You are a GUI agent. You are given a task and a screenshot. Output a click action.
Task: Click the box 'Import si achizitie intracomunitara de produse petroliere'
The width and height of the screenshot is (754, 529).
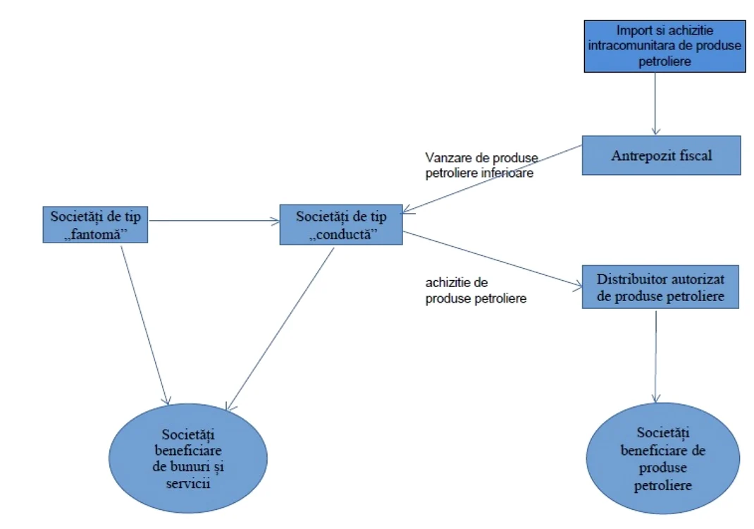[665, 47]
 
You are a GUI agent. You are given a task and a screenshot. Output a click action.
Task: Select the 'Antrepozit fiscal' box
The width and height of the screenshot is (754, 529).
[661, 155]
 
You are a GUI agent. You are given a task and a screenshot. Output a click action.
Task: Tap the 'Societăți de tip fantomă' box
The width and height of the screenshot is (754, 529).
[95, 225]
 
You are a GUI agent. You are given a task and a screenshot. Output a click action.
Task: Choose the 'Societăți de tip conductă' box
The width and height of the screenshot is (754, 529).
[341, 225]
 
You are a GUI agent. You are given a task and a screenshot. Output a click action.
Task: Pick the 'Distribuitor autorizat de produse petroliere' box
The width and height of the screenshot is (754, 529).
[660, 287]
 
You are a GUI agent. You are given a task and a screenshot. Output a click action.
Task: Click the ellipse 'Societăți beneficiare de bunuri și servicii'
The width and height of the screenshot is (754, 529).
[188, 458]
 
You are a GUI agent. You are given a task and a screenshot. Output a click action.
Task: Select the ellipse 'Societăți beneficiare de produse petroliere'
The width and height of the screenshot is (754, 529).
[662, 458]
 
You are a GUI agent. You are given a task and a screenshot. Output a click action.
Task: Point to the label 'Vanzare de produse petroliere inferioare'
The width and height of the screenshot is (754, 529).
[481, 165]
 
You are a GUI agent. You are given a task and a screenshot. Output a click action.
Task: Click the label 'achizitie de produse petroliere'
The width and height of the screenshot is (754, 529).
[476, 291]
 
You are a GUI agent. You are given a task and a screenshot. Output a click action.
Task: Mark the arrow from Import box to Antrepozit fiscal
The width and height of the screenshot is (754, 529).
[655, 104]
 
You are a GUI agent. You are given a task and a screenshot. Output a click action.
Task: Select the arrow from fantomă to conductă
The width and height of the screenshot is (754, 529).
[214, 221]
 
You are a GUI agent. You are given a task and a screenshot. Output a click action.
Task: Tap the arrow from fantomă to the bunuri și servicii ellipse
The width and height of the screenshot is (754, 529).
[144, 325]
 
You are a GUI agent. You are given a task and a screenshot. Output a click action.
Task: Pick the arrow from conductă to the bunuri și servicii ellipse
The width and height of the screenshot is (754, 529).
[280, 329]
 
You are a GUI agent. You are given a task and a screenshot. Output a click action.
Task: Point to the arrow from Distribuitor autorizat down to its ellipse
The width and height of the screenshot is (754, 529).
[656, 356]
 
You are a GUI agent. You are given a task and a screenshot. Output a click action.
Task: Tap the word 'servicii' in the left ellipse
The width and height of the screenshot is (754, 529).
[188, 482]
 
